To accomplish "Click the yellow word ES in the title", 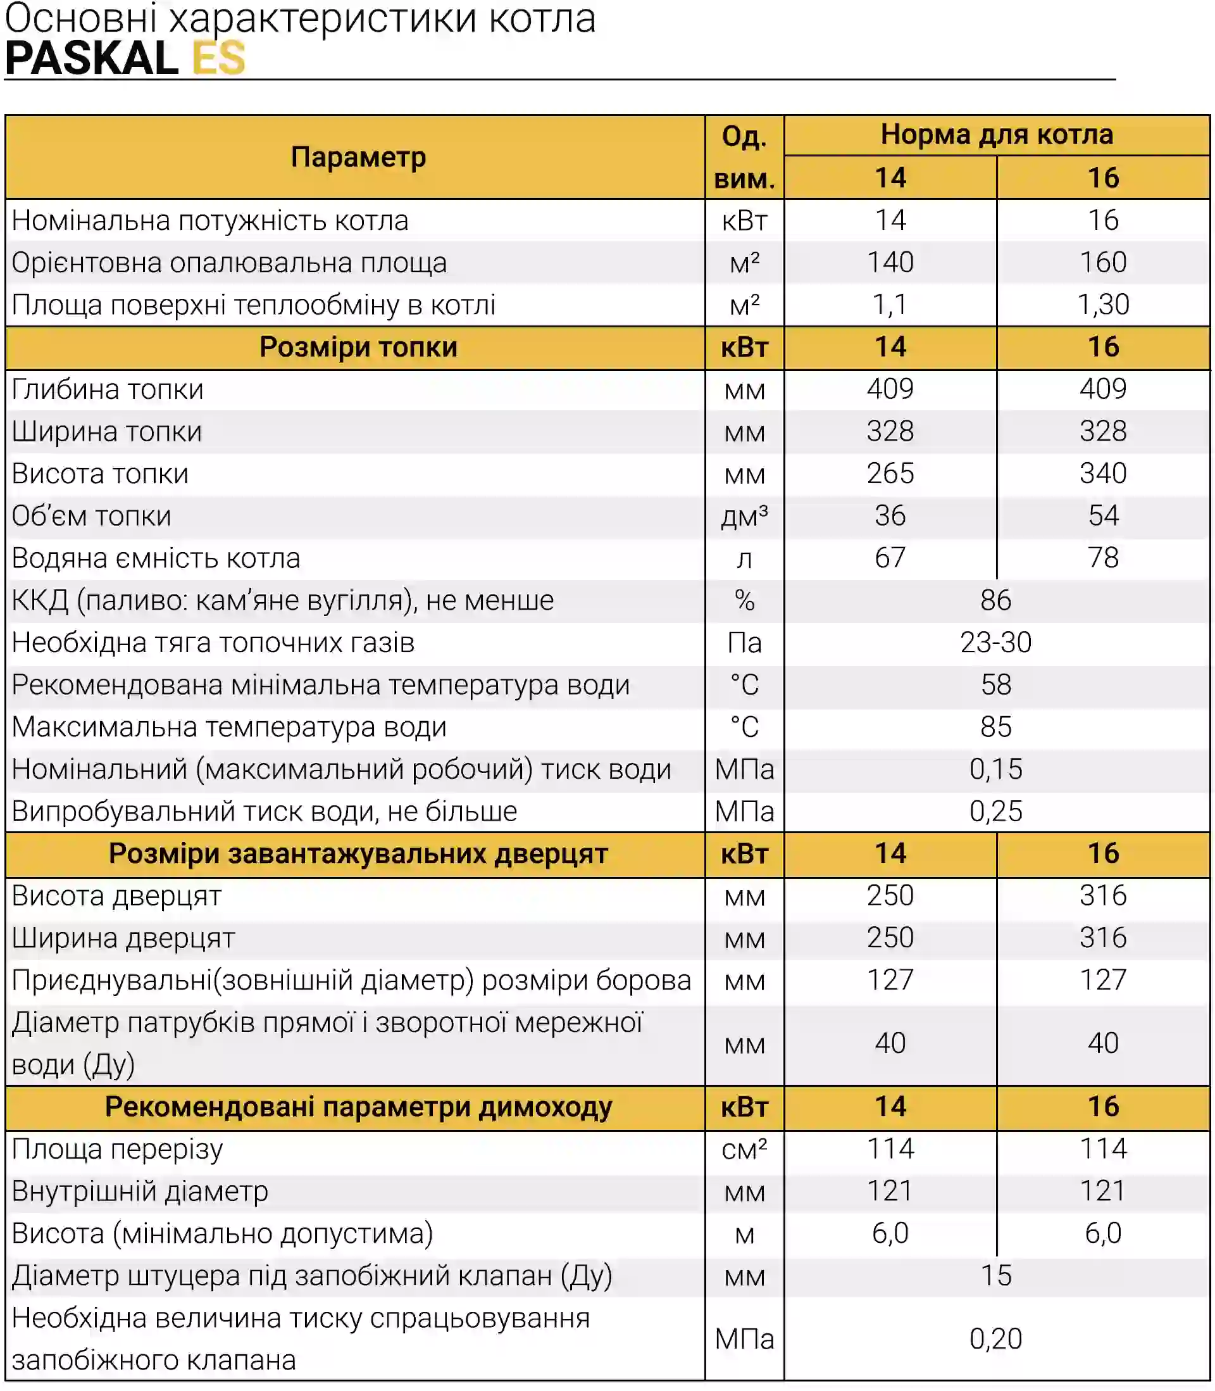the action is point(218,58).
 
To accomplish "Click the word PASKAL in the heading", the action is point(92,58).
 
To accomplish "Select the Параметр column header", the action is point(358,158).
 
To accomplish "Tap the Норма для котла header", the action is point(997,134).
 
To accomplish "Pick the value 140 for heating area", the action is point(890,263).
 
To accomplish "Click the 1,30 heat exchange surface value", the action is point(1103,305).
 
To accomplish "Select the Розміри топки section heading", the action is point(358,347).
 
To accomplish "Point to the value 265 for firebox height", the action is point(890,474).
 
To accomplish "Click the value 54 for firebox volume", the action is point(1103,515).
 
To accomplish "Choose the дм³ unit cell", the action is point(744,516).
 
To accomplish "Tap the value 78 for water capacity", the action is point(1103,558).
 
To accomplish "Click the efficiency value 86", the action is point(996,600).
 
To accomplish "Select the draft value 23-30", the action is point(996,642).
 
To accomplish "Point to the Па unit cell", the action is point(744,643).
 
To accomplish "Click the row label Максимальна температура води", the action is point(229,727).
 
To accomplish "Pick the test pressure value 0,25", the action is point(996,811).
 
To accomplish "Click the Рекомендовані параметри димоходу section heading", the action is point(358,1107).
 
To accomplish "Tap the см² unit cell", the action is point(744,1150).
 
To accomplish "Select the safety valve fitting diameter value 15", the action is point(996,1276).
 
